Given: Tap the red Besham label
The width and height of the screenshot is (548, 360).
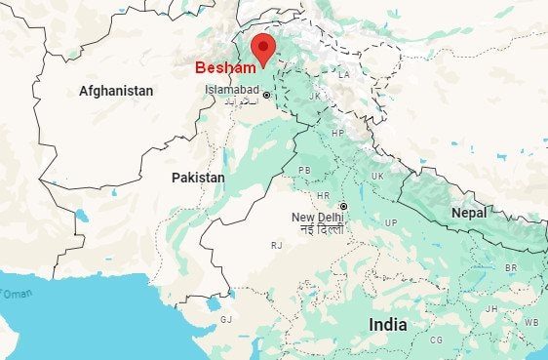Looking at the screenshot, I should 225,68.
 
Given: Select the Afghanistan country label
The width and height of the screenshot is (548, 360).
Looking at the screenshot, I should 116,91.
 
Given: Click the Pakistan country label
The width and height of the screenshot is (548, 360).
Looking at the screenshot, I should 198,178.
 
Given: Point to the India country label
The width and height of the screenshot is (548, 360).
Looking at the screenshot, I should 388,324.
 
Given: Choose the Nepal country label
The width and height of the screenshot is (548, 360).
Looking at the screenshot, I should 468,213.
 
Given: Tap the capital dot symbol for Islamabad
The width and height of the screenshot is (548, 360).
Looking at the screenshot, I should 267,95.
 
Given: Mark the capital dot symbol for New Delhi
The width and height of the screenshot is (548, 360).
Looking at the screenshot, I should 343,206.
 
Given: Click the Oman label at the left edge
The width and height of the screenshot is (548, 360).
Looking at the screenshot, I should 17,294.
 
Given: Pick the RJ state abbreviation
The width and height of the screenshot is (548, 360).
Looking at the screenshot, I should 277,245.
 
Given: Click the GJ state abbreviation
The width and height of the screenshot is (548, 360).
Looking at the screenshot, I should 226,319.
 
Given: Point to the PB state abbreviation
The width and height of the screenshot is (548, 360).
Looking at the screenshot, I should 304,170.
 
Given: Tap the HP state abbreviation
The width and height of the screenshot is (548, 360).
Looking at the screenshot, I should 337,133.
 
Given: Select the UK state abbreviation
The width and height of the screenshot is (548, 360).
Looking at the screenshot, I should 376,176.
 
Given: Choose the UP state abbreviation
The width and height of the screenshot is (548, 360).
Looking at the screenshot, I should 391,223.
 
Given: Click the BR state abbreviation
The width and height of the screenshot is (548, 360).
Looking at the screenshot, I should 510,267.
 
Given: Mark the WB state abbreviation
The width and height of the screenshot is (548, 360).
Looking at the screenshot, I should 530,321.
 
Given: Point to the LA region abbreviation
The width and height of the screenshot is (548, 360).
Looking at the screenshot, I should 343,74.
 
